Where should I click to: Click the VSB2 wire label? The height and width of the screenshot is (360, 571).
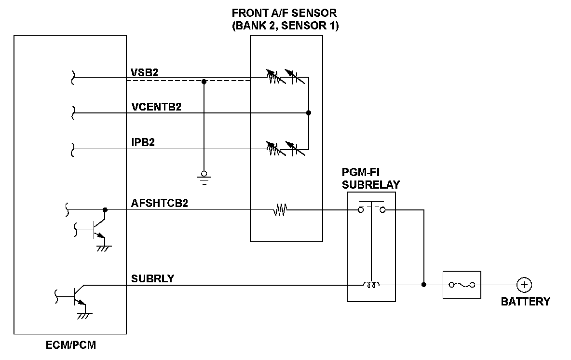[x=145, y=71]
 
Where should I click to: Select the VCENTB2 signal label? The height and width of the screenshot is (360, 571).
[x=156, y=107]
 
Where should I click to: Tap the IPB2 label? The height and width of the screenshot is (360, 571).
[x=143, y=143]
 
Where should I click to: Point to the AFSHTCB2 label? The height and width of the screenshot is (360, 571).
[x=159, y=203]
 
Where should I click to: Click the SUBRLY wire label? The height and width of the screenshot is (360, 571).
[x=152, y=279]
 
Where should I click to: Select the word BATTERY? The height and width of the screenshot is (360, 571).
[x=525, y=302]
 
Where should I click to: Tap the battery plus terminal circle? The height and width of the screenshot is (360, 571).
[x=524, y=285]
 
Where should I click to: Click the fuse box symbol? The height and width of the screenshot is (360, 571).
[x=462, y=285]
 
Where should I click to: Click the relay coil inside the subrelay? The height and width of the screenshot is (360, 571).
[x=371, y=285]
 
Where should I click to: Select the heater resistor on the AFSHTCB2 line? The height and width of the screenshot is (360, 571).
[x=280, y=210]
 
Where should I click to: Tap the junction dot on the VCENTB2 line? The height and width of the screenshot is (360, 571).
[x=309, y=113]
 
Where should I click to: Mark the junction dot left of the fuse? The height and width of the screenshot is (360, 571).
[x=423, y=285]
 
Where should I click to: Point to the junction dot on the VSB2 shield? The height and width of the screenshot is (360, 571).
[x=204, y=82]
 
